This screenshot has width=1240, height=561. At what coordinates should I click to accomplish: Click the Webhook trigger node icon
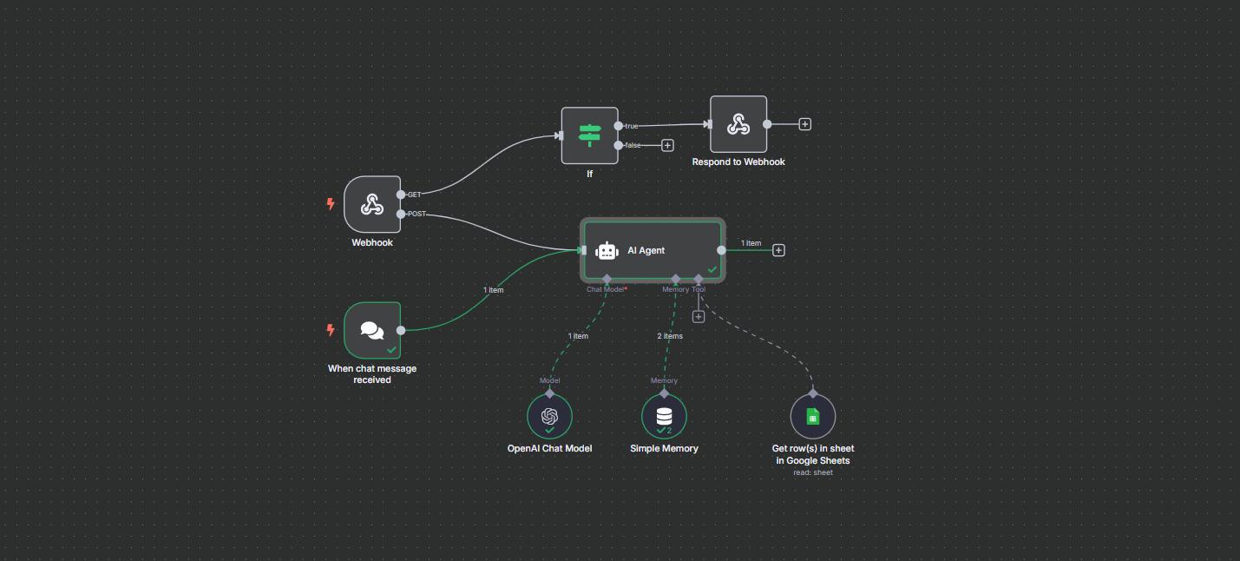pos(372,204)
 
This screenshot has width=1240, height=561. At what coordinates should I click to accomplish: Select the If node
pos(589,135)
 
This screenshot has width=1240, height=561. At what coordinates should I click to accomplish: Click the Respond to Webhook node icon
pos(738,124)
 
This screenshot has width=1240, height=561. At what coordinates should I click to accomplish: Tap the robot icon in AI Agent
pos(607,251)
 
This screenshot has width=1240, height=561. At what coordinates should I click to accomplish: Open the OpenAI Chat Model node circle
pos(549,417)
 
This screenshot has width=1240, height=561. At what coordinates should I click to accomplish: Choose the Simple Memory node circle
pos(665,417)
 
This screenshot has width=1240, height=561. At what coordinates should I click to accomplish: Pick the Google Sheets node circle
pos(813,417)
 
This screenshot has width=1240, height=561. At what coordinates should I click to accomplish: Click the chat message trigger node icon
pos(372,331)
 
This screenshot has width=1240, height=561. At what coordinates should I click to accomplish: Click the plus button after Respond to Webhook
pos(805,124)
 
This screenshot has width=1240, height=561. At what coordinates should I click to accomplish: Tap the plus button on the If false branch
pos(667,145)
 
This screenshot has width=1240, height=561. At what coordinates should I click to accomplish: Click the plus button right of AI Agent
pos(778,250)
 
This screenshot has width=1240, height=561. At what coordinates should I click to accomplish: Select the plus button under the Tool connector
pos(699,317)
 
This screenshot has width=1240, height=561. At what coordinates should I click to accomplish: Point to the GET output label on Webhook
pos(415,195)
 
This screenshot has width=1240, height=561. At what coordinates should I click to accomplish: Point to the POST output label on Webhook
pos(417,214)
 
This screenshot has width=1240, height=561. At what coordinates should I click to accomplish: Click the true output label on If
pos(632,126)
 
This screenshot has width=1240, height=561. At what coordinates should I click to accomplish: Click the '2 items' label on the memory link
pos(670,336)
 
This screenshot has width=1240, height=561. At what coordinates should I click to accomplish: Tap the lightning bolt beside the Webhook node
pos(331,204)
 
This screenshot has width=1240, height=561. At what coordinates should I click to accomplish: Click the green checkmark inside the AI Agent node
pos(712,270)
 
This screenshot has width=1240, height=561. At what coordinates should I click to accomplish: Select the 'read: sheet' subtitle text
pos(813,472)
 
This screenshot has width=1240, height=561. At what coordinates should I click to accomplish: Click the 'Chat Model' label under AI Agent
pos(605,289)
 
